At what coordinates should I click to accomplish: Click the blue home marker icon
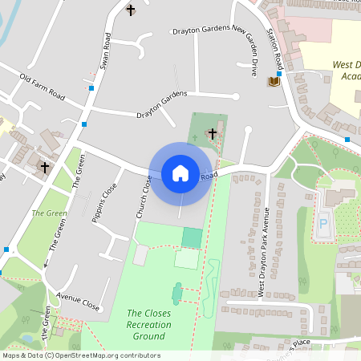[180, 173]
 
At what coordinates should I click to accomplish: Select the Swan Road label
[104, 52]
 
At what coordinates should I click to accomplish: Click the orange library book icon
[274, 81]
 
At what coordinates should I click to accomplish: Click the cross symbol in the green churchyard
[213, 133]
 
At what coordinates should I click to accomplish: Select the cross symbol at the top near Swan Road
[131, 10]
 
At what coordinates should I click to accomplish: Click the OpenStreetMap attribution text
[81, 355]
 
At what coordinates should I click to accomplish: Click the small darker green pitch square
[192, 237]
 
